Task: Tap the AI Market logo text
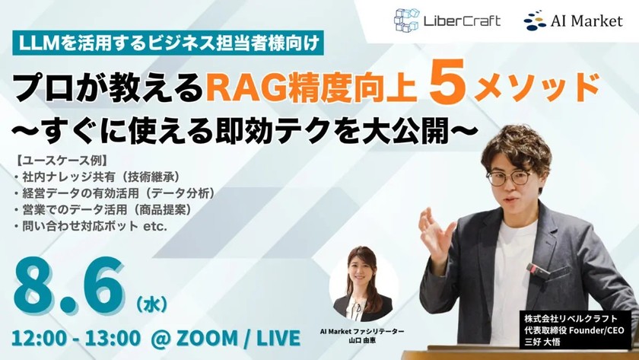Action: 584,21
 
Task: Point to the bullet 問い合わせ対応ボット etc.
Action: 93,225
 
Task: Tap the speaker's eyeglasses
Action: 508,177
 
